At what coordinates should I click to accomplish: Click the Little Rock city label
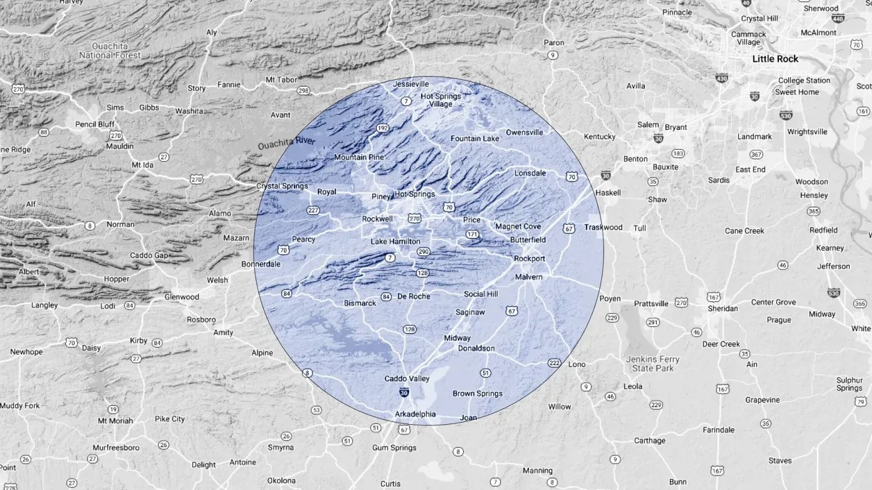775,59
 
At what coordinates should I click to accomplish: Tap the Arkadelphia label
415,414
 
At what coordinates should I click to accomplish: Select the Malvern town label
529,277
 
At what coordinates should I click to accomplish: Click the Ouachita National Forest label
110,50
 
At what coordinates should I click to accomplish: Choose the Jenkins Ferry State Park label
652,364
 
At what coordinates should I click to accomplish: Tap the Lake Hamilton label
395,241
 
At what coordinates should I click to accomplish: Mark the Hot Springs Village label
441,100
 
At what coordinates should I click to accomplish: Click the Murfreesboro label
116,447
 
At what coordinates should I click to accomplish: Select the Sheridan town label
723,309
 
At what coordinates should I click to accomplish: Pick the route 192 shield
383,128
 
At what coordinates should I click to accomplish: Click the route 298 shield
303,90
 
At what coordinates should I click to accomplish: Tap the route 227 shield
313,210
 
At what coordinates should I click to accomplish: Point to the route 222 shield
554,363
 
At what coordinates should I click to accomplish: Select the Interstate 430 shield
722,78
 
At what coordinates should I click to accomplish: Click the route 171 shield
472,234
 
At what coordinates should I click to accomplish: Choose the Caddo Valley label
406,378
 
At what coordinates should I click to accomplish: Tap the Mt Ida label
142,165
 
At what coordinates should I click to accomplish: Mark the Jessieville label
411,84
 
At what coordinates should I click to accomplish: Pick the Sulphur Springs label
849,384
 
